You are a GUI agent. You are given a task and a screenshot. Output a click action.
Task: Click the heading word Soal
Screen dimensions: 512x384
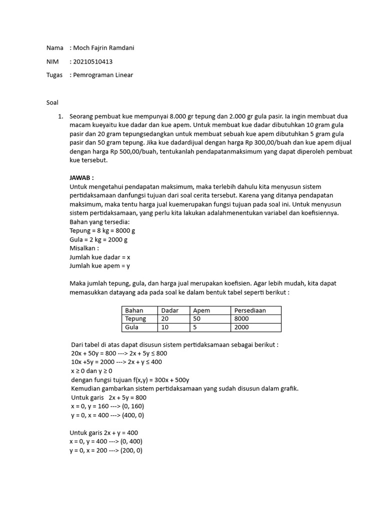pyautogui.click(x=52, y=102)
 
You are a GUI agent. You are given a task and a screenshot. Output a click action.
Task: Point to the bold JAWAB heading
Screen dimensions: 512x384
pyautogui.click(x=81, y=177)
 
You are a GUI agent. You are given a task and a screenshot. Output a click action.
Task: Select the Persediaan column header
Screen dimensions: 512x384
pyautogui.click(x=249, y=310)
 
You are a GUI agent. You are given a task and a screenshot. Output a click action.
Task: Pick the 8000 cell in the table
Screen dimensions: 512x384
pyautogui.click(x=241, y=318)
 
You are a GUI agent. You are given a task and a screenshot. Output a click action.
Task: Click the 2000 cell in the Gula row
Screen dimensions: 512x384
pyautogui.click(x=241, y=327)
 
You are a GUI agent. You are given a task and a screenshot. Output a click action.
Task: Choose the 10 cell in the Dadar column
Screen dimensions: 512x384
pyautogui.click(x=165, y=327)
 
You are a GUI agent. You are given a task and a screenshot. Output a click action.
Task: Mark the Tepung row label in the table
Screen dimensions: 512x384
pyautogui.click(x=135, y=318)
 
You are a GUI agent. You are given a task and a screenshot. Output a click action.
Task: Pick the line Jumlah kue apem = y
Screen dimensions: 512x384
pyautogui.click(x=99, y=266)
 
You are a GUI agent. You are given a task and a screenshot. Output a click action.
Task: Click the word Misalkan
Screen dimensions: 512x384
pyautogui.click(x=84, y=248)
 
